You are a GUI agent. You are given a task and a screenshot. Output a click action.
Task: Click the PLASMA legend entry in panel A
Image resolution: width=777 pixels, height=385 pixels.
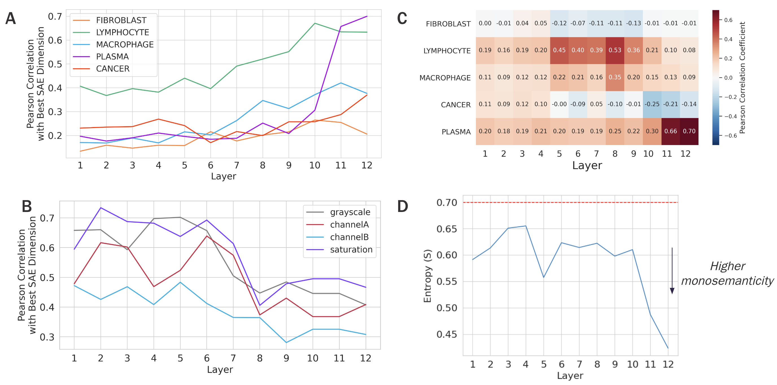pos(112,57)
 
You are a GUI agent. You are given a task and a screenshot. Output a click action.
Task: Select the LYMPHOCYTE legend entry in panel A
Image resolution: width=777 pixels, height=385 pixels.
pos(122,32)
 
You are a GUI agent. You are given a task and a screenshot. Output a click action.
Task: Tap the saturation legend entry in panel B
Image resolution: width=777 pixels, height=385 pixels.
pos(351,250)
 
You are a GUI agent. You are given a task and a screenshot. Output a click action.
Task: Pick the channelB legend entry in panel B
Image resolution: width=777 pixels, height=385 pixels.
pos(349,237)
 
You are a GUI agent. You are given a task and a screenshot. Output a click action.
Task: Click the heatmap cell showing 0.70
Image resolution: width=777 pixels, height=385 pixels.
pos(689,131)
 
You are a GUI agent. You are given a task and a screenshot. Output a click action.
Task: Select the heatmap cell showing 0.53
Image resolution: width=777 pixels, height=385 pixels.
pos(615,50)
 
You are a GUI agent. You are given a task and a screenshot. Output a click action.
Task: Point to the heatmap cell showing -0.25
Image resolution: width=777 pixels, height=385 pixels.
pos(652,104)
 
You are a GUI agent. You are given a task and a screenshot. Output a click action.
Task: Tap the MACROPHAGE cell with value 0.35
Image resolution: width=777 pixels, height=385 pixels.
pos(615,77)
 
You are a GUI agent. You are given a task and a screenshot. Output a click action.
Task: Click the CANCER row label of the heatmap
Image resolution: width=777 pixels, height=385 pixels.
pos(455,105)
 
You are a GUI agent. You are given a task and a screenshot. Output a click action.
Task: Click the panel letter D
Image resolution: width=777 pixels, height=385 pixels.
pos(403,207)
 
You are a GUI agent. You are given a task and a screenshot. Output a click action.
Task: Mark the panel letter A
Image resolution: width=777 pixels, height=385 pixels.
pos(10,18)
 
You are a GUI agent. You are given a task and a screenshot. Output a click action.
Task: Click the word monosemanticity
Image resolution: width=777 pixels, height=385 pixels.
pos(727,281)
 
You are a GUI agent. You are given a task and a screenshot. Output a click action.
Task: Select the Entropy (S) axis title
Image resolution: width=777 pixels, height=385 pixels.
pos(427,275)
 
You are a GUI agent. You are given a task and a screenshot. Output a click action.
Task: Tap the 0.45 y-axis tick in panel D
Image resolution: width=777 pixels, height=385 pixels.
pos(447,334)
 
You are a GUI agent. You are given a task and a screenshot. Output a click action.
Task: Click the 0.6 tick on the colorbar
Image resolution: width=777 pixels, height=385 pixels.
pos(728,20)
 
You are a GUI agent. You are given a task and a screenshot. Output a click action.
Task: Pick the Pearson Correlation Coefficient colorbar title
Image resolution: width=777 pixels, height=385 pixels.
pos(742,78)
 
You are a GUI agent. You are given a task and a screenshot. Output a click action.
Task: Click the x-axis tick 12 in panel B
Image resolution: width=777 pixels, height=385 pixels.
pos(366,358)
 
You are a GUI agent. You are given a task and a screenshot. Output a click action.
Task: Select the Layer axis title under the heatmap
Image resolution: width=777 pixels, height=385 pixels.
pos(587,165)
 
